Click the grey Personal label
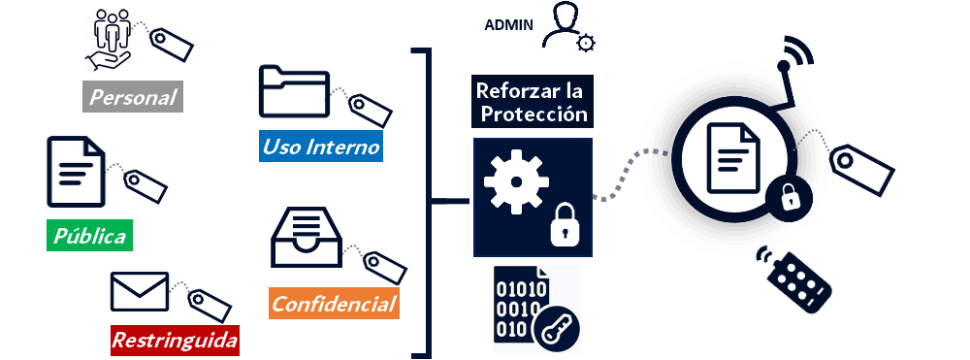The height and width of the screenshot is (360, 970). [x=133, y=97]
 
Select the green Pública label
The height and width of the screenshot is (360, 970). [x=89, y=236]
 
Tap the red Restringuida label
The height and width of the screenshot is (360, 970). [x=175, y=341]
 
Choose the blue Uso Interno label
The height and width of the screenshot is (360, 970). [x=321, y=147]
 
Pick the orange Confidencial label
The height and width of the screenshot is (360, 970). [x=334, y=305]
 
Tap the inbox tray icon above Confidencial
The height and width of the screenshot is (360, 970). [x=304, y=239]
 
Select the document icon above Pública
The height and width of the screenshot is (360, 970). [x=76, y=171]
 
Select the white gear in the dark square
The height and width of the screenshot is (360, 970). [x=515, y=183]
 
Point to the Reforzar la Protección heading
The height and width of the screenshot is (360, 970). [x=532, y=102]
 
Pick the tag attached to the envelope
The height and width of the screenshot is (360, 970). [x=209, y=305]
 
